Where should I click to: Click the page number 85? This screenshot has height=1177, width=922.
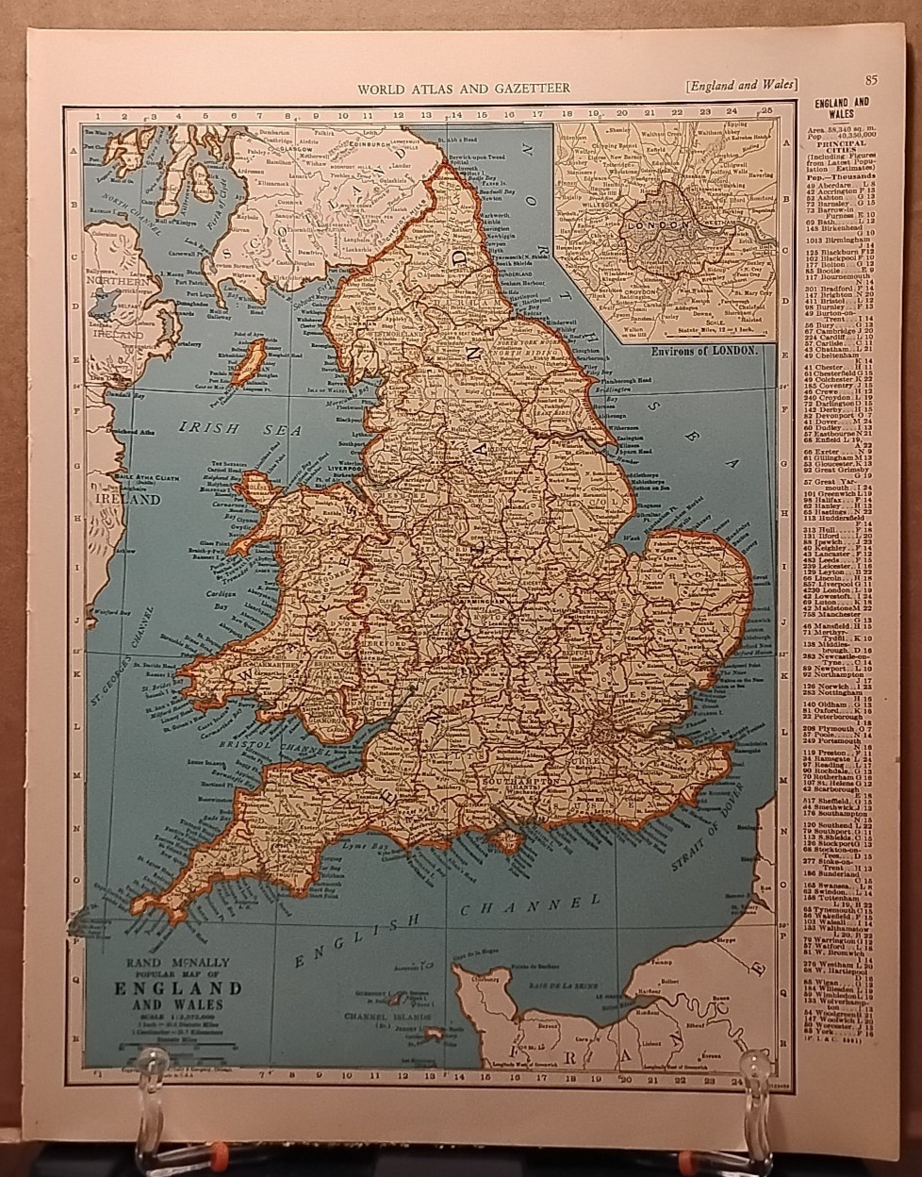tap(870, 79)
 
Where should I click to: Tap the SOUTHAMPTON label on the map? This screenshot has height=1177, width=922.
tap(519, 782)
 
